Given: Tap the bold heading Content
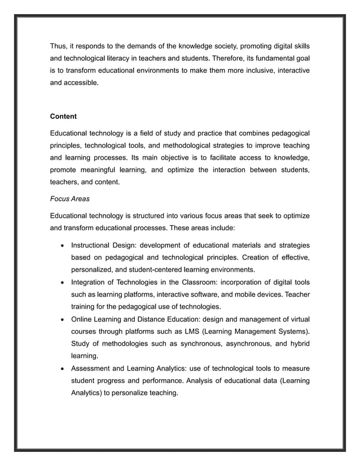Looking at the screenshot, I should tap(63, 117).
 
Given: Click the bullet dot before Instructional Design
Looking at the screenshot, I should tap(61, 245).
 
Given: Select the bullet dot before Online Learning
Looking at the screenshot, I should tap(61, 319).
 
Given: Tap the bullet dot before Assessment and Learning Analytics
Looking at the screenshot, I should tap(61, 369).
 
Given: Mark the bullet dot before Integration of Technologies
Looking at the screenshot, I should tap(61, 283).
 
